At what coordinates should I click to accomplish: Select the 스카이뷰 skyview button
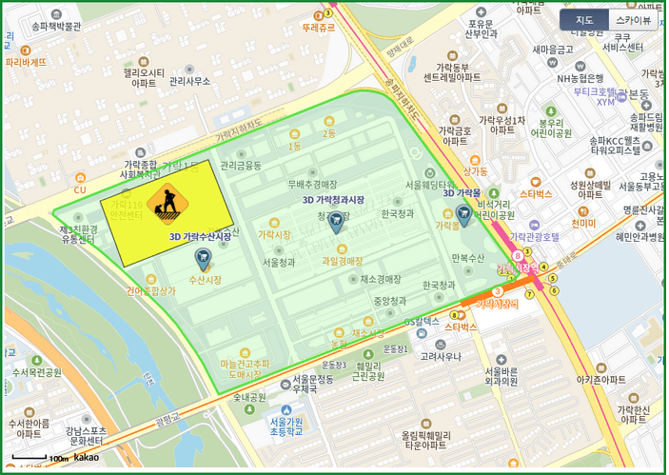[633, 20]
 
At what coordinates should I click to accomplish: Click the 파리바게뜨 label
[26, 62]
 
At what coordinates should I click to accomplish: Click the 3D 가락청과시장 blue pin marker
[336, 224]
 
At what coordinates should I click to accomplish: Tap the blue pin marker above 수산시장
[203, 258]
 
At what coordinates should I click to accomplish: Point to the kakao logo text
[87, 458]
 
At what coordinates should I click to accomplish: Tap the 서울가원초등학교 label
[285, 426]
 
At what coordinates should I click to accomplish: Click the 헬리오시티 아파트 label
[144, 77]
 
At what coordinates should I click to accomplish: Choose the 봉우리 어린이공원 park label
[554, 129]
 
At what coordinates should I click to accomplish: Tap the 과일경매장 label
[343, 260]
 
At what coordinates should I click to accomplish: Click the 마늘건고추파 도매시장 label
[246, 369]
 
